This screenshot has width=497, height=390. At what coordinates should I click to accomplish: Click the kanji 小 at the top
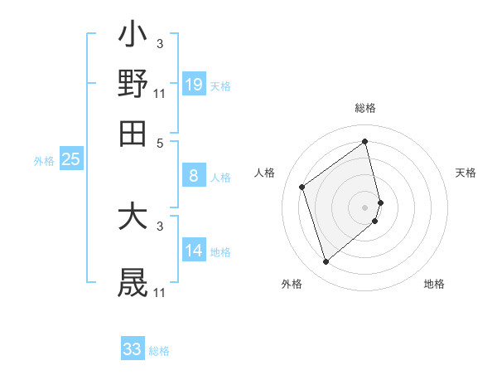point(133,37)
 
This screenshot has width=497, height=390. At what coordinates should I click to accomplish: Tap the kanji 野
point(133,84)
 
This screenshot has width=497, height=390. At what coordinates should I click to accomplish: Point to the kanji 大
point(133,218)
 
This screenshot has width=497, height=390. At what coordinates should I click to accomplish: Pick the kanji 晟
point(133,282)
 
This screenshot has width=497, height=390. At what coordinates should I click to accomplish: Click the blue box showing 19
point(194,84)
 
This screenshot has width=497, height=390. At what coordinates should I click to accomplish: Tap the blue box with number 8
point(194,175)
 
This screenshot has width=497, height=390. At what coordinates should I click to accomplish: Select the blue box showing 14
point(194,250)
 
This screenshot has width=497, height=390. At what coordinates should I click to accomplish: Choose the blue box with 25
point(70,159)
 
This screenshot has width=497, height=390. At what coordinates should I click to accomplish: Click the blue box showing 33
point(133,349)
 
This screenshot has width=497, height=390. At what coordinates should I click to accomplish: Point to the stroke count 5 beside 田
point(160,142)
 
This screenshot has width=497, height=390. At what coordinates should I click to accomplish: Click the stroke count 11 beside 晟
point(160,293)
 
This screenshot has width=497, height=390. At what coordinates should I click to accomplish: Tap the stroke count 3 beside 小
point(160,43)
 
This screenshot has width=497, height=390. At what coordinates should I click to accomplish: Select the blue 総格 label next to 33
point(159,351)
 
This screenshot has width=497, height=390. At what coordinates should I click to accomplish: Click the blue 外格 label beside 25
point(44,161)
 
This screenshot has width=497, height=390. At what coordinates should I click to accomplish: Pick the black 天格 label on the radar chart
point(466,173)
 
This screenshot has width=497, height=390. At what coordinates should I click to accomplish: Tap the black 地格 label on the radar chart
point(434,284)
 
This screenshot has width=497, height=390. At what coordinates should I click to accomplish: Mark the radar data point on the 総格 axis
point(365,142)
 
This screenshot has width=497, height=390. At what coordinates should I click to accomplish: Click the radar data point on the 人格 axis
point(302,187)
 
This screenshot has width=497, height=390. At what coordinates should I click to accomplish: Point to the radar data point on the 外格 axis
point(326,262)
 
